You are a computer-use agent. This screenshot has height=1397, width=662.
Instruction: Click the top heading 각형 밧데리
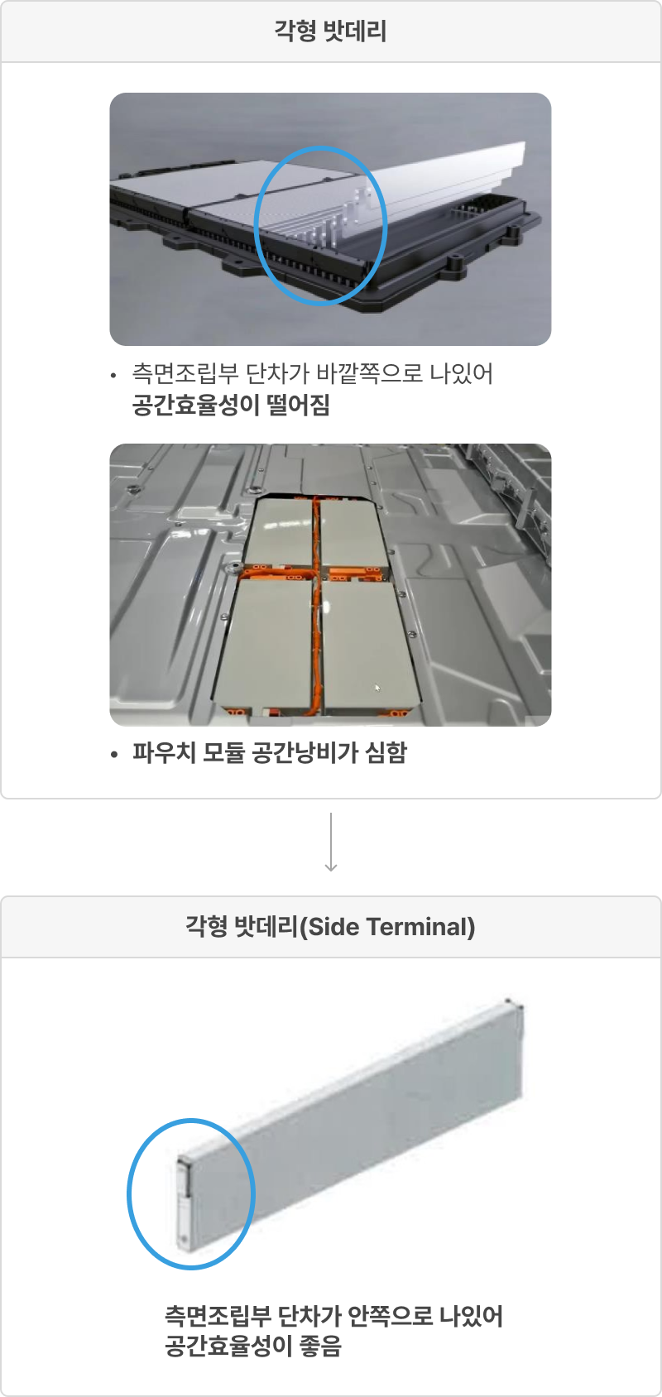pos(330,31)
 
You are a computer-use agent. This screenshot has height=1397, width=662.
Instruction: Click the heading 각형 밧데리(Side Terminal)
pos(330,927)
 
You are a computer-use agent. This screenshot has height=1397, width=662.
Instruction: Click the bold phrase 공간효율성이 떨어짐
pos(231,405)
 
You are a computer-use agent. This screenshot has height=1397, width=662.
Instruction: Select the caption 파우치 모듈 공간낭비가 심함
pos(269,752)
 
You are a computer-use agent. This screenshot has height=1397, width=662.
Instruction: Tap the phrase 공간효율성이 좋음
pos(253,1346)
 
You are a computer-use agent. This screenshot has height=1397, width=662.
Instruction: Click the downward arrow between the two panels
pos(331,842)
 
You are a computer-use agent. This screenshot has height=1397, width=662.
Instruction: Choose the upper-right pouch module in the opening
pos(353,532)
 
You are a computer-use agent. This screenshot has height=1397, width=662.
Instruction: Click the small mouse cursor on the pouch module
pos(377,688)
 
